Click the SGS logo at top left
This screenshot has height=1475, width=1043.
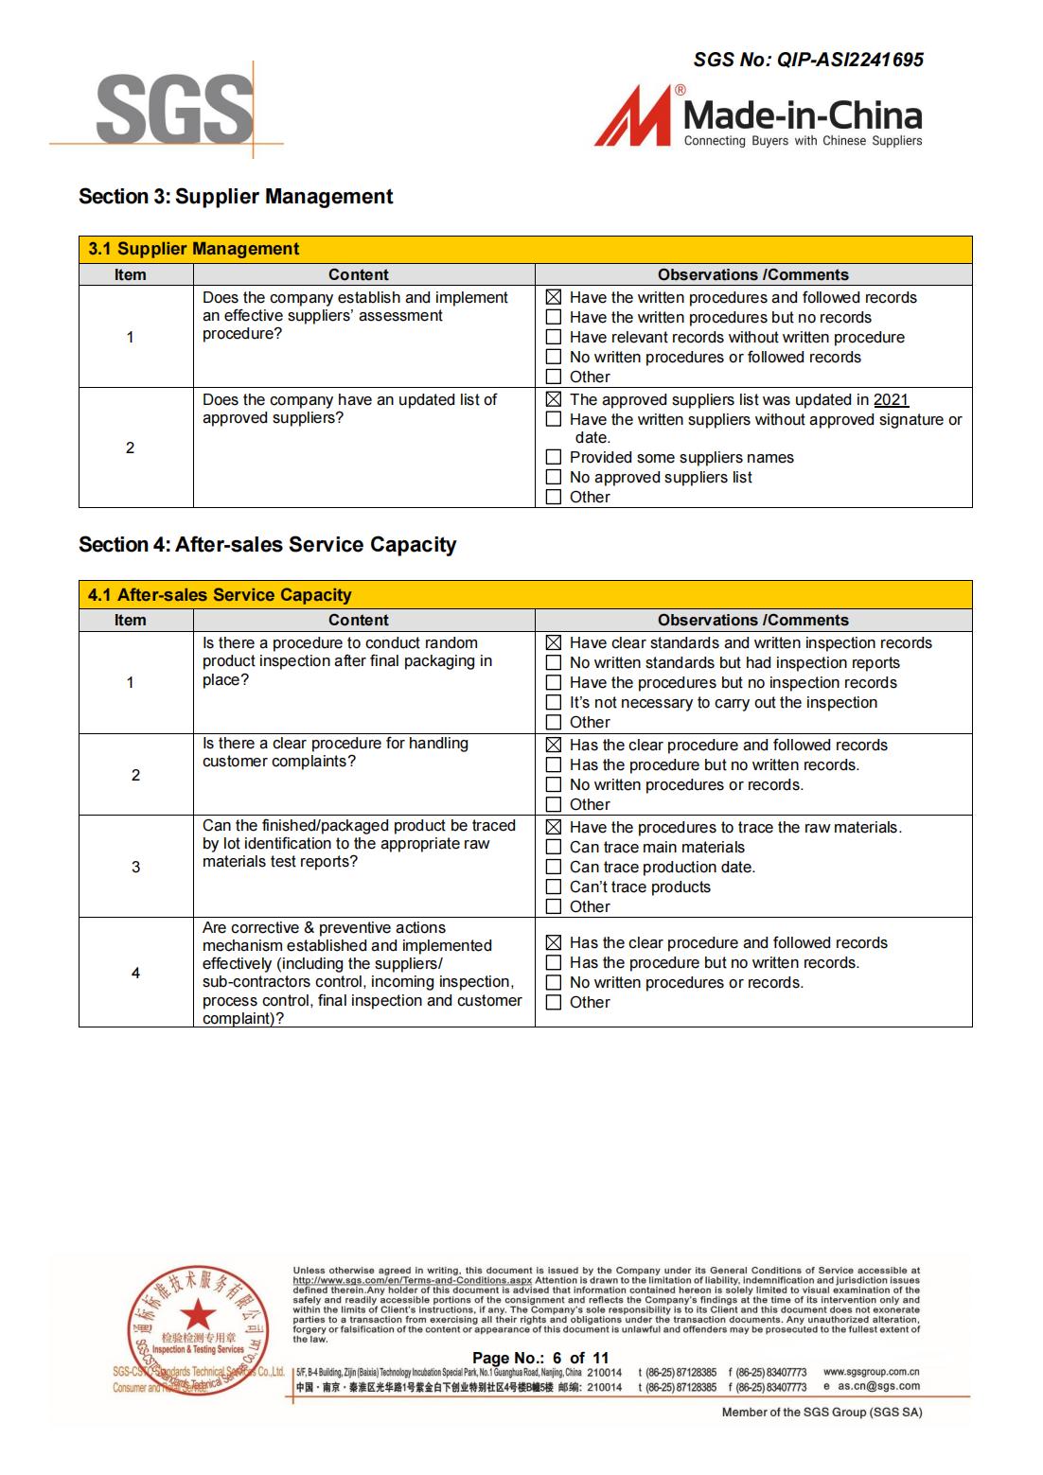coord(174,112)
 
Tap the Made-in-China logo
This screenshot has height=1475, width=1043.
coord(758,117)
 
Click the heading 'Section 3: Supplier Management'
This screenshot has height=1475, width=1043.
coord(236,197)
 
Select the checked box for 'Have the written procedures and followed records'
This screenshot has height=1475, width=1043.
coord(554,297)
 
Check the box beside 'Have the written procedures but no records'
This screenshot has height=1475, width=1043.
coord(554,317)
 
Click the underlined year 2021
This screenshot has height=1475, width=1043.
coord(891,400)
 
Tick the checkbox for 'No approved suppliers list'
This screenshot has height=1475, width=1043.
coord(554,477)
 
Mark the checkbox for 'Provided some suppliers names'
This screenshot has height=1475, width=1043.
coord(554,457)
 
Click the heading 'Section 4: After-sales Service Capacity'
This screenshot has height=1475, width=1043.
coord(267,545)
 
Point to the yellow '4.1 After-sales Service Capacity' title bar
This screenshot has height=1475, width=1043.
coord(525,595)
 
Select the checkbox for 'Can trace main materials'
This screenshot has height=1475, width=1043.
coord(554,847)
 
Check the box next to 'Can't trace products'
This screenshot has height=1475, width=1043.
coord(554,887)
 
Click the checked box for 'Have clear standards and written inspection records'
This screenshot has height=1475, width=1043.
coord(554,642)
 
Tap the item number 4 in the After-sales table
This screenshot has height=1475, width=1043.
coord(135,973)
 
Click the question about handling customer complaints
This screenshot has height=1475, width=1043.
coord(335,752)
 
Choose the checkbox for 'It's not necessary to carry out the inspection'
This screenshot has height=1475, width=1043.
coord(554,702)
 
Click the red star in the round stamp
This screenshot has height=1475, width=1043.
coord(198,1314)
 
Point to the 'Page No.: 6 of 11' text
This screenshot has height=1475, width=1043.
coord(540,1358)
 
